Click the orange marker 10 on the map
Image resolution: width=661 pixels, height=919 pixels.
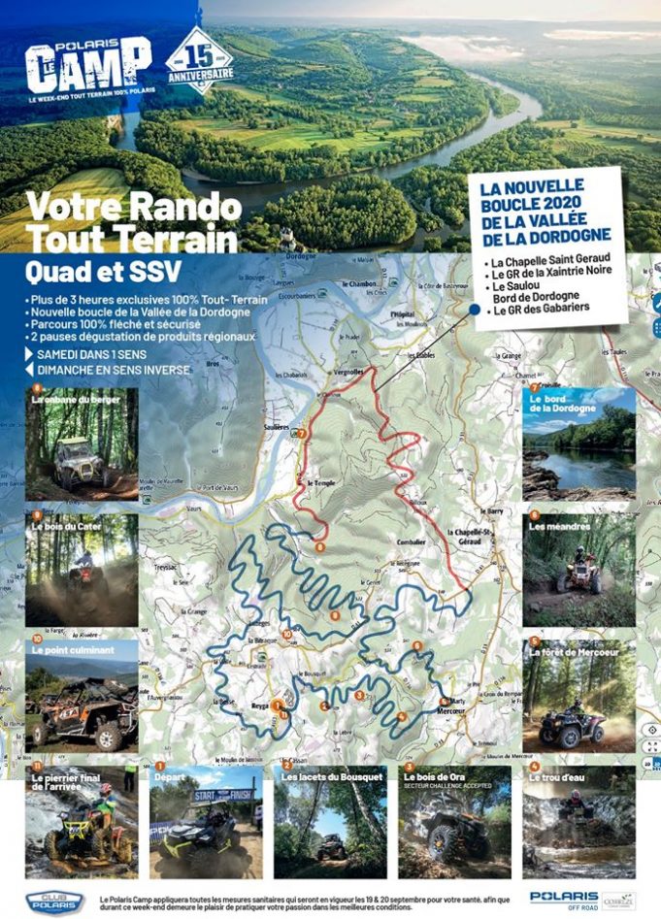pyautogui.click(x=285, y=635)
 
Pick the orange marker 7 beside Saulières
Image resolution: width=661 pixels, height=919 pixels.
pyautogui.click(x=302, y=434)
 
